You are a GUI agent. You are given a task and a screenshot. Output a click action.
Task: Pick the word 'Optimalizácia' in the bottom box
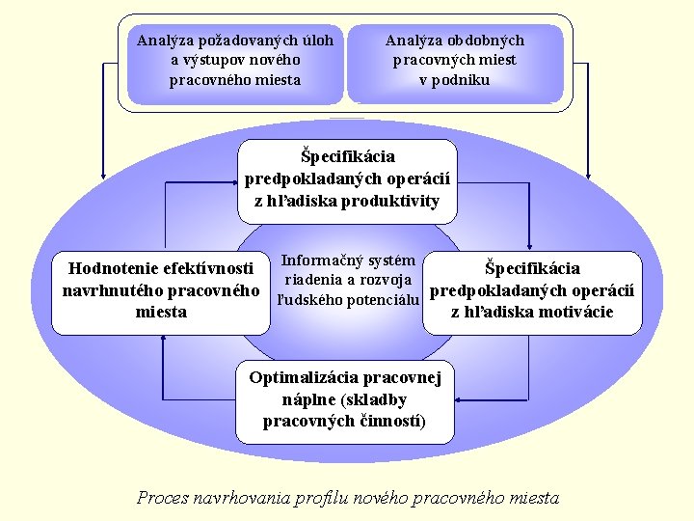[303, 377]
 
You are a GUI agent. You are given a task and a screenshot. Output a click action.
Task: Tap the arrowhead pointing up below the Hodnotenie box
[163, 340]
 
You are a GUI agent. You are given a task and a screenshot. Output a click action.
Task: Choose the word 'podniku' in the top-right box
[455, 79]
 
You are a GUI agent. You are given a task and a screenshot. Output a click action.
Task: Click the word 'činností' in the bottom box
[390, 421]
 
